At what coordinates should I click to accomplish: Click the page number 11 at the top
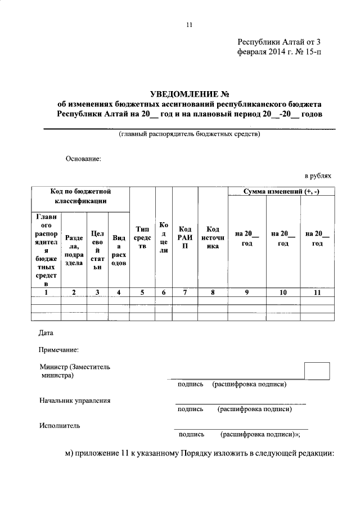(x=189, y=25)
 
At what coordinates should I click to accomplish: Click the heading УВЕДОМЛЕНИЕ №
(x=190, y=93)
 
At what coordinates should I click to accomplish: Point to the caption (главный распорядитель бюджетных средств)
(x=189, y=134)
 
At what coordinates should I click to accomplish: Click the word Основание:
(x=83, y=159)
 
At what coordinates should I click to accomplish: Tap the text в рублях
(x=318, y=176)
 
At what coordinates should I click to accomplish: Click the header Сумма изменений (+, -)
(x=281, y=192)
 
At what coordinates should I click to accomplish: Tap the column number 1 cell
(x=46, y=292)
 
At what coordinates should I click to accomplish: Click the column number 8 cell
(x=212, y=292)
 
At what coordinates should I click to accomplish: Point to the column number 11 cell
(x=317, y=292)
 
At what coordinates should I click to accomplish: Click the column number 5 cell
(x=142, y=292)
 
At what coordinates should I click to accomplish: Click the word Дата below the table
(x=46, y=333)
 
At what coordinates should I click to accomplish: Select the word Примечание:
(x=58, y=350)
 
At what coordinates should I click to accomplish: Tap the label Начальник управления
(x=75, y=400)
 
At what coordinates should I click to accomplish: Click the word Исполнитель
(x=60, y=425)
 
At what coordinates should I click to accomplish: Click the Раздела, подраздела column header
(x=74, y=250)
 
